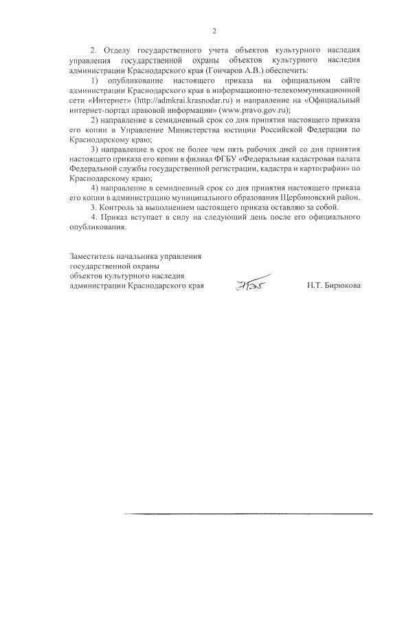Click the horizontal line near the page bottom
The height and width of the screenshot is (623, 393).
[248, 514]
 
